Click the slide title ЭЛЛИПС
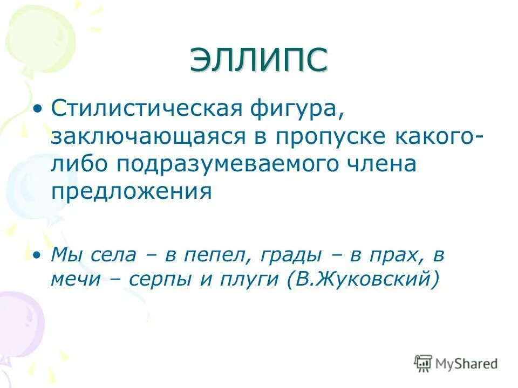pyautogui.click(x=258, y=59)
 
